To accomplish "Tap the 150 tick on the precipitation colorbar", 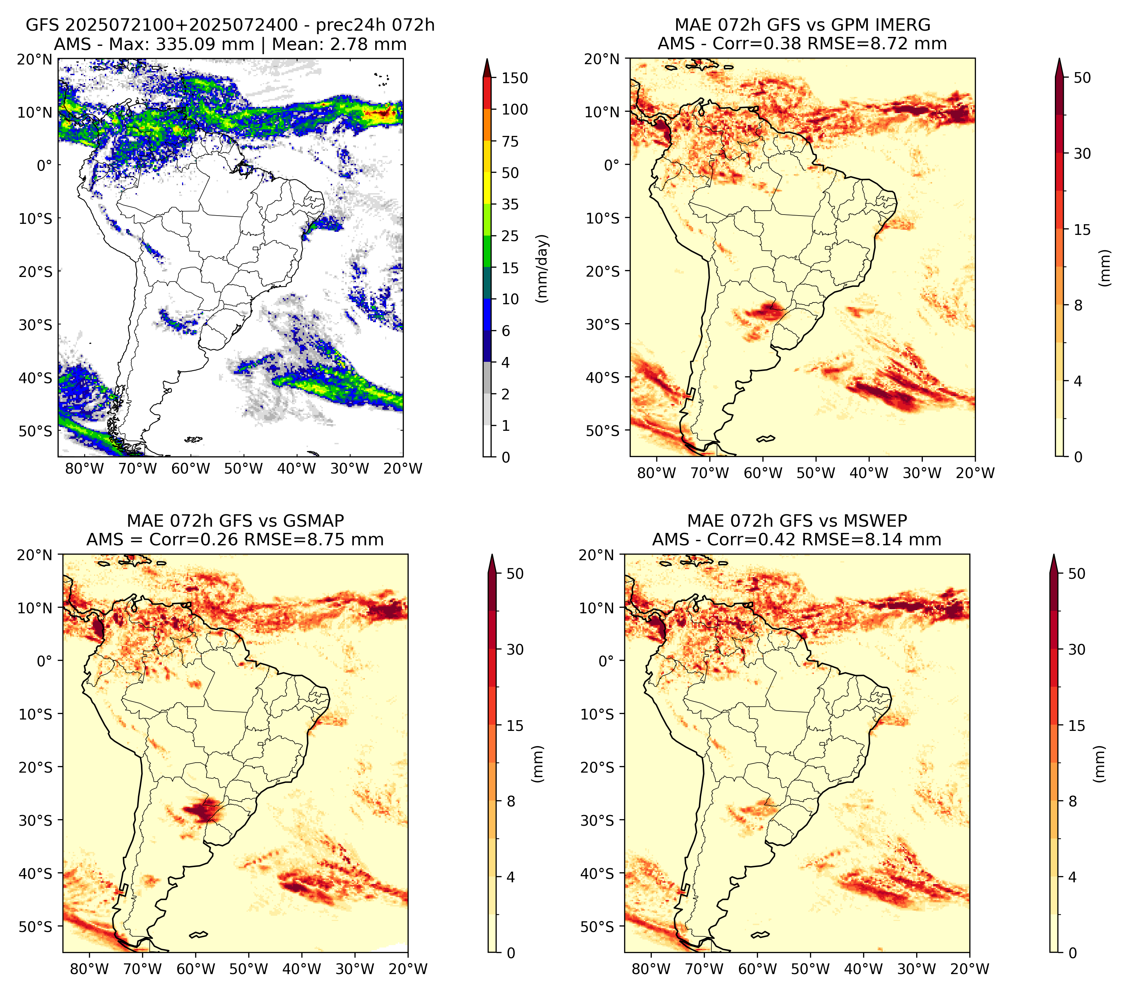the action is pos(514,78).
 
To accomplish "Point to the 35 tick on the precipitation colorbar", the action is pos(510,204).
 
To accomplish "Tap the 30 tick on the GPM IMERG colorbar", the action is pos(1082,153).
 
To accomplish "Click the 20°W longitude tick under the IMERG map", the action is pos(975,473).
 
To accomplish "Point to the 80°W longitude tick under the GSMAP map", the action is pos(89,969).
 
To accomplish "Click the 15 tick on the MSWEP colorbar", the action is pos(1077,726).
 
